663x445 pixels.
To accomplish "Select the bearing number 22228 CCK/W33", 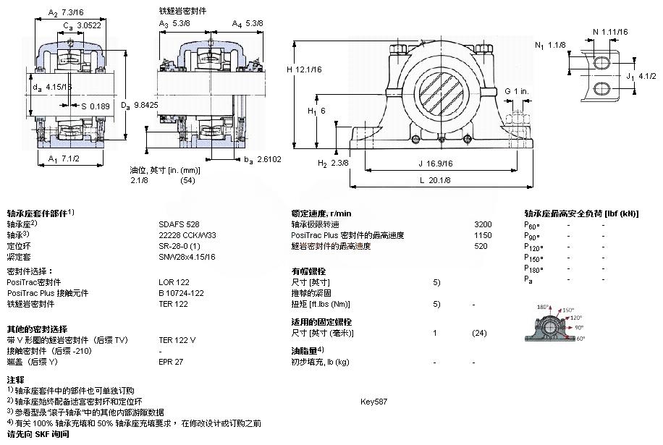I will [187, 235].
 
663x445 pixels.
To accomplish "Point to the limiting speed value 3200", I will [483, 224].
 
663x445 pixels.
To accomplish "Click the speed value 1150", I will [483, 235].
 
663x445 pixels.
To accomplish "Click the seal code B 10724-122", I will [181, 293].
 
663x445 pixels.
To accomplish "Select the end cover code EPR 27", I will [172, 361].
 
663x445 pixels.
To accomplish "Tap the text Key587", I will [373, 401].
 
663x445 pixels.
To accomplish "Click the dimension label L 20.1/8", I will [434, 180].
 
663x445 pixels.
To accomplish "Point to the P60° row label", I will [532, 225].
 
